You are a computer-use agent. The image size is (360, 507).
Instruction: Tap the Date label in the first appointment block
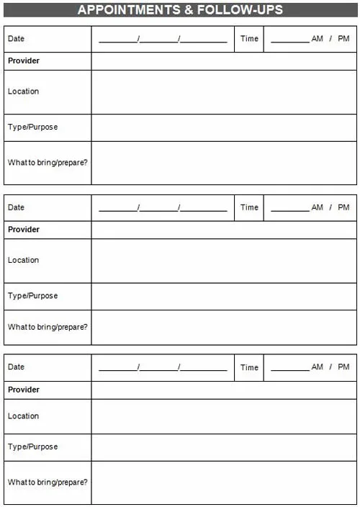pyautogui.click(x=16, y=39)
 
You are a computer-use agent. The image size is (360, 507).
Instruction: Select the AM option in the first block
pyautogui.click(x=318, y=39)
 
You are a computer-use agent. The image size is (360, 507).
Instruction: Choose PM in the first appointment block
pyautogui.click(x=343, y=39)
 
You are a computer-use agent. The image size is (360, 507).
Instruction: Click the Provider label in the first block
pyautogui.click(x=24, y=60)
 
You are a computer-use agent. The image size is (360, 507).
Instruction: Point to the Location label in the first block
pyautogui.click(x=23, y=91)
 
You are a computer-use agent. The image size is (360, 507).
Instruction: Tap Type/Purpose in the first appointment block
pyautogui.click(x=32, y=127)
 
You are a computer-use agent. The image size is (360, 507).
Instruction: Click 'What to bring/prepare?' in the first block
pyautogui.click(x=48, y=162)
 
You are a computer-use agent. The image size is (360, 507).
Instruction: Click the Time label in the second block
pyautogui.click(x=249, y=207)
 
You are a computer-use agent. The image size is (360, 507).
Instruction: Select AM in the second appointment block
pyautogui.click(x=318, y=207)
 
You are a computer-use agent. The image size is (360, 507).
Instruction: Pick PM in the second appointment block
pyautogui.click(x=343, y=207)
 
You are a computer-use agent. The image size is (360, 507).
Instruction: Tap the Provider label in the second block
pyautogui.click(x=24, y=229)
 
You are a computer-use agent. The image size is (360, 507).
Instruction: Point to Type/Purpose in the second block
pyautogui.click(x=32, y=295)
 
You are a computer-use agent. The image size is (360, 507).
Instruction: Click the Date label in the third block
pyautogui.click(x=16, y=367)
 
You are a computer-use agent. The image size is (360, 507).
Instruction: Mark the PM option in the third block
pyautogui.click(x=343, y=367)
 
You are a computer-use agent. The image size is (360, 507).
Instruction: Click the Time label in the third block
pyautogui.click(x=249, y=367)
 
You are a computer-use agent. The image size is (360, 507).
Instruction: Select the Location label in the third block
pyautogui.click(x=23, y=416)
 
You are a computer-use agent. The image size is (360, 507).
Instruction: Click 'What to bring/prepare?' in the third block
pyautogui.click(x=48, y=482)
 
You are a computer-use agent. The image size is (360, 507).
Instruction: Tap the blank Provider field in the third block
pyautogui.click(x=224, y=390)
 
